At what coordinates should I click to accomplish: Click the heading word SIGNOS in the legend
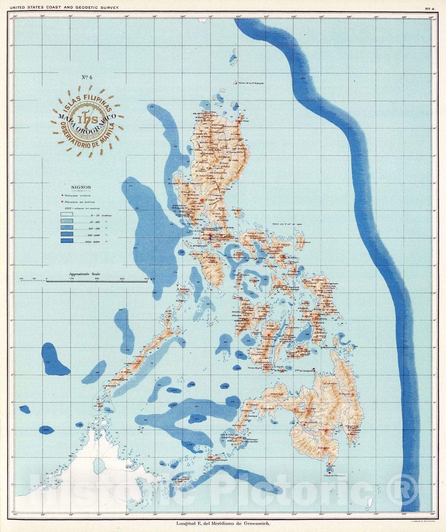point(81,188)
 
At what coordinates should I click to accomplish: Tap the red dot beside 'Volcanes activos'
point(62,196)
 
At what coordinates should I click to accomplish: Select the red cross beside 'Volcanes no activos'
point(62,202)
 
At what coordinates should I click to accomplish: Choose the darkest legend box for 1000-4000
point(67,242)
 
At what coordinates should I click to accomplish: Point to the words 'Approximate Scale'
point(84,274)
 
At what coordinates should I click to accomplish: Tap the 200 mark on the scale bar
point(97,279)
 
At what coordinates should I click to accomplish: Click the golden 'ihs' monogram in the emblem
point(87,121)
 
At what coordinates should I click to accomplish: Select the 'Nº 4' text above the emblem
point(87,77)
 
